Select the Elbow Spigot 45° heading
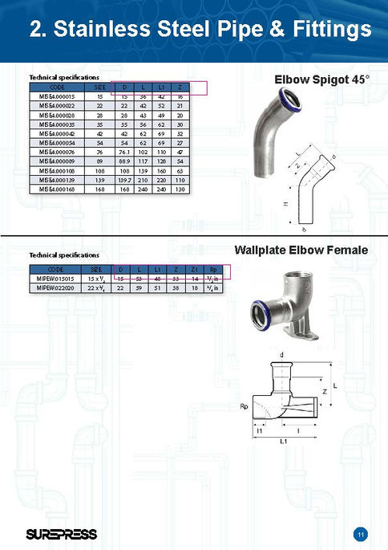point(321,80)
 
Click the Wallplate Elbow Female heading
point(301,251)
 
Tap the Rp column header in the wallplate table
point(212,268)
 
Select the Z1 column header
point(193,268)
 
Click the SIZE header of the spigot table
point(100,86)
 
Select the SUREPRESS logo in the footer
point(61,533)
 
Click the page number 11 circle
point(361,533)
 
